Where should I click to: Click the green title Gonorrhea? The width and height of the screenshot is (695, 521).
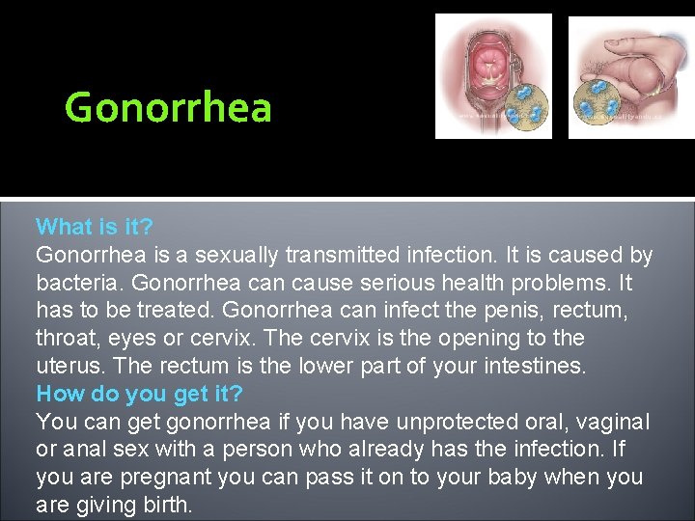[x=168, y=107]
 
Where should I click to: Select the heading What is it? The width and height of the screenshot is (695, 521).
[x=95, y=228]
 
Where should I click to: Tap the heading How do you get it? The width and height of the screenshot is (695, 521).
[x=140, y=394]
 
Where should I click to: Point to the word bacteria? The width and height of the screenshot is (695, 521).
[x=79, y=284]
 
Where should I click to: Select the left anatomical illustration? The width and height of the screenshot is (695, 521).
[x=493, y=75]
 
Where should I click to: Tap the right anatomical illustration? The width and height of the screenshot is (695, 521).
[x=630, y=77]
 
